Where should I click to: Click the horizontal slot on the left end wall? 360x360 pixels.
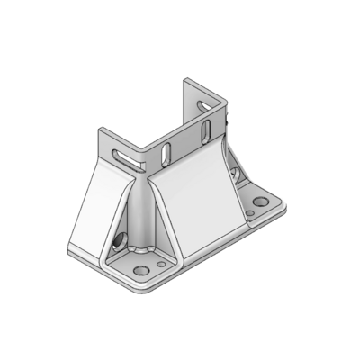click(x=128, y=159)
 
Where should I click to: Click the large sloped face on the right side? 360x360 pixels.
click(x=202, y=198)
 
